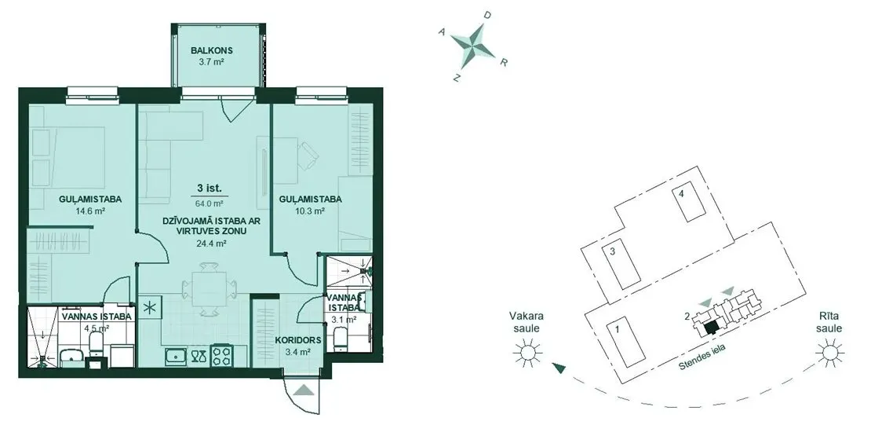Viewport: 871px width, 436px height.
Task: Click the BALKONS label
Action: click(x=211, y=50)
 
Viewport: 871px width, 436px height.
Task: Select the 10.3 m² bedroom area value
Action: click(x=311, y=211)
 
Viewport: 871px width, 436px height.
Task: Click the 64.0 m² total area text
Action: click(x=210, y=203)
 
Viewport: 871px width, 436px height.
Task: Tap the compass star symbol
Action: click(x=472, y=44)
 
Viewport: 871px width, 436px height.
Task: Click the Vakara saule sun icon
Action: click(x=526, y=354)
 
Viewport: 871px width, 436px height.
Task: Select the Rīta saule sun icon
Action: click(x=829, y=354)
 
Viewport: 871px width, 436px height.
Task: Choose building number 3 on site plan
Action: click(x=611, y=251)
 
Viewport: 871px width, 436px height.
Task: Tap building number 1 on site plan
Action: click(x=617, y=328)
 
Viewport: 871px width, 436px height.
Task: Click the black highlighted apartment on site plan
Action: click(x=710, y=328)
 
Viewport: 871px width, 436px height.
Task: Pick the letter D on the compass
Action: click(x=487, y=16)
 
